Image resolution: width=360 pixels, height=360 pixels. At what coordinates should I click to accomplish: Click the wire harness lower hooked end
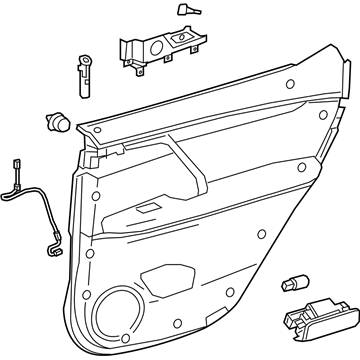pos(52,241)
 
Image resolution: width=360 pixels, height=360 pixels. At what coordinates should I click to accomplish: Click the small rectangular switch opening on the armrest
pos(147,208)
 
